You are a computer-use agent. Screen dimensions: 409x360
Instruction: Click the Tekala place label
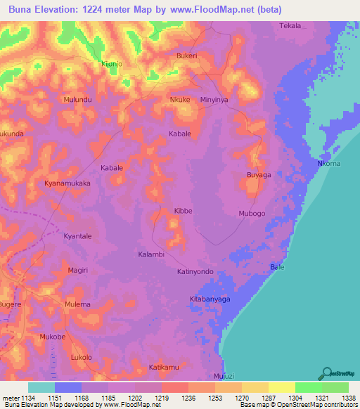290,26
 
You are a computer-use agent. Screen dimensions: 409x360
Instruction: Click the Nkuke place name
181,100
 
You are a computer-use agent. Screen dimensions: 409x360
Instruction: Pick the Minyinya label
214,100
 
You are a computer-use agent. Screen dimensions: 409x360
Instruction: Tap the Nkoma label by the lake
329,164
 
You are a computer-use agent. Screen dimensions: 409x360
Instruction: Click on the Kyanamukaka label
68,183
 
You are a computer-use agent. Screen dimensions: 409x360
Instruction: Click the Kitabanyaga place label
210,299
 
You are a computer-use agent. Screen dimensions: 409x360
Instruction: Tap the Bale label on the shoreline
277,267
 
